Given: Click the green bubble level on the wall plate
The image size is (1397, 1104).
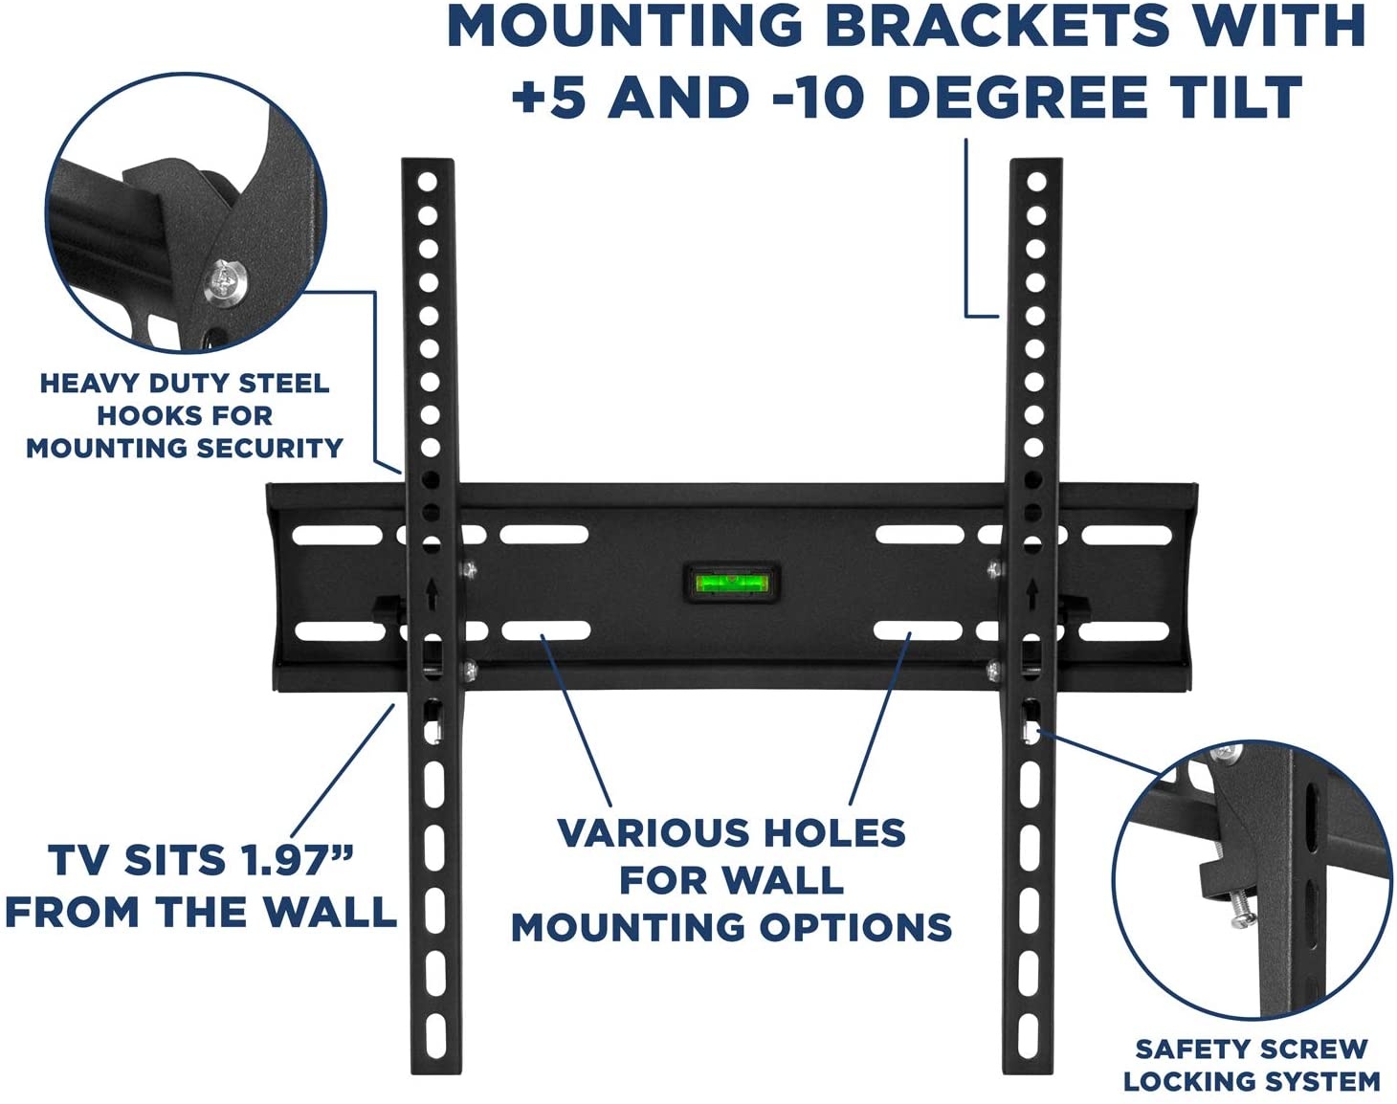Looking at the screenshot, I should pyautogui.click(x=731, y=583).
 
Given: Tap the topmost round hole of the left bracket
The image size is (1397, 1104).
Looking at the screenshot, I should pyautogui.click(x=428, y=182).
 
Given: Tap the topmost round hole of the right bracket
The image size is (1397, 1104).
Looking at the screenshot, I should pyautogui.click(x=1036, y=181).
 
